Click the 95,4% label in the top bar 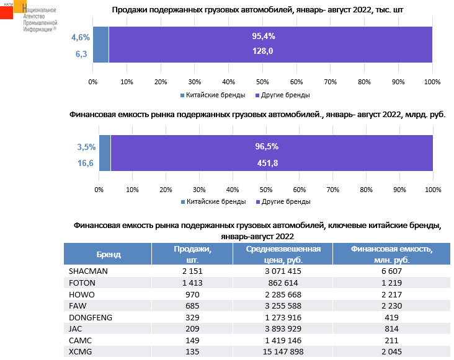(263, 37)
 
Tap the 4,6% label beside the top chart (81, 38)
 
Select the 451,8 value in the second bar (267, 163)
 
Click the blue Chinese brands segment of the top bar (100, 45)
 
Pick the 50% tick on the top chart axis (262, 82)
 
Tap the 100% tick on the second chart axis (432, 190)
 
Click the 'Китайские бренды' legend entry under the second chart (211, 202)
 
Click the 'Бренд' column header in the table (109, 255)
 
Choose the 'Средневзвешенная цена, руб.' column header (282, 255)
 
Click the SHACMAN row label (88, 271)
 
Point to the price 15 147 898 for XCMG (282, 352)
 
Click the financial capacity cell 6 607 (391, 271)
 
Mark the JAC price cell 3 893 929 (282, 329)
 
